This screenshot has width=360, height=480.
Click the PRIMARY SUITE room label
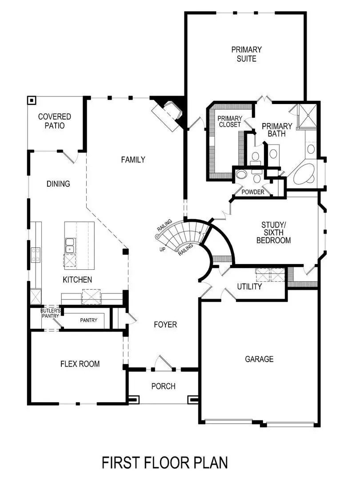[x=246, y=54]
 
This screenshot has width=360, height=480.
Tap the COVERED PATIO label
[x=55, y=121]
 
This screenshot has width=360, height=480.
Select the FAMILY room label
[x=133, y=160]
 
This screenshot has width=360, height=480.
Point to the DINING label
[x=58, y=184]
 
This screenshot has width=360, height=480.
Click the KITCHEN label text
[x=77, y=280]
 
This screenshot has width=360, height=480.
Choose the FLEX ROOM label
[x=80, y=364]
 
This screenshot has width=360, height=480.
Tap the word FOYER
[x=165, y=325]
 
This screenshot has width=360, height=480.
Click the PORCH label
[x=163, y=386]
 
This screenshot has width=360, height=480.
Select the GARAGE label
[x=259, y=359]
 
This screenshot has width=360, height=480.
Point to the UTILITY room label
[x=249, y=287]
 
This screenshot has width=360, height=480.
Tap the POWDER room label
[x=253, y=192]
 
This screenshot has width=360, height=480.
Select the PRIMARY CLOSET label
[x=229, y=121]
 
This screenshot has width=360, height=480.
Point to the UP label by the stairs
[x=163, y=249]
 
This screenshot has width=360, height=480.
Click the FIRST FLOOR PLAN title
[x=165, y=462]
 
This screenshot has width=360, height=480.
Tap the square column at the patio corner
[x=32, y=100]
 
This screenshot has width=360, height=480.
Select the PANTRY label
[x=89, y=320]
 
